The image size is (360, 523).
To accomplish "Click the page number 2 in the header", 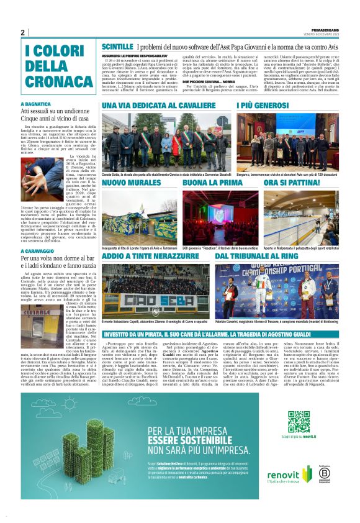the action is coord(22,33).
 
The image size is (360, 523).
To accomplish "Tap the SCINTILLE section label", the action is coord(117,47).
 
